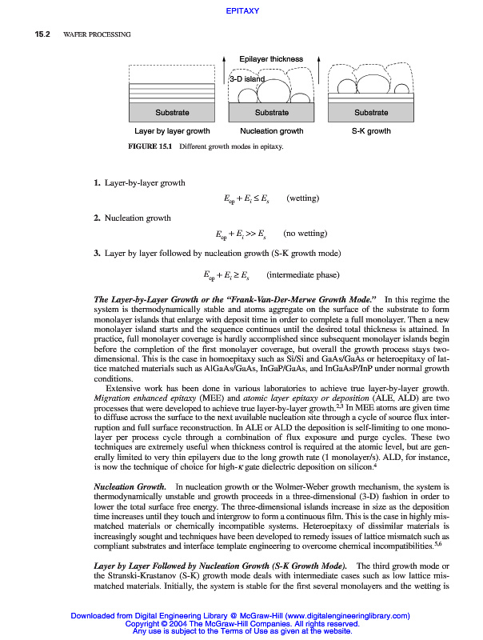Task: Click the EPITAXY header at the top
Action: (x=241, y=11)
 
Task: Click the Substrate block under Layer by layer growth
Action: (x=172, y=113)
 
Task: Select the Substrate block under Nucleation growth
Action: (x=272, y=113)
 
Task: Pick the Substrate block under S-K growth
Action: (x=371, y=113)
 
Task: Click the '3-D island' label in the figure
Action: (x=246, y=79)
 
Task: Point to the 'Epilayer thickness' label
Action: (x=271, y=59)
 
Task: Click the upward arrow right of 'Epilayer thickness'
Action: (x=319, y=64)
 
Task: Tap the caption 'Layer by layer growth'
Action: (x=172, y=130)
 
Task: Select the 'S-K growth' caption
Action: (x=371, y=130)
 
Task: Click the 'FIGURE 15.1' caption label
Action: (x=152, y=147)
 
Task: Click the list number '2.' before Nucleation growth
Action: (x=97, y=218)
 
